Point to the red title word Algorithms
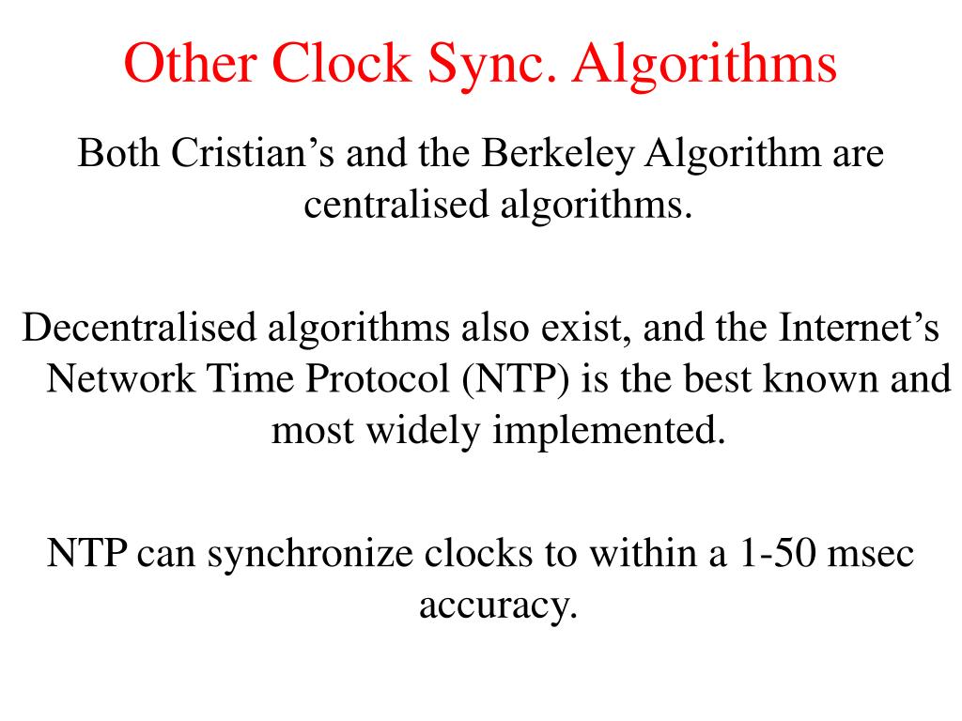click(x=706, y=65)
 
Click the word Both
click(x=118, y=152)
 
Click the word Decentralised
click(x=141, y=328)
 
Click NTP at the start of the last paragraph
click(x=87, y=554)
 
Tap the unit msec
click(x=870, y=554)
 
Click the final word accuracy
click(x=497, y=605)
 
